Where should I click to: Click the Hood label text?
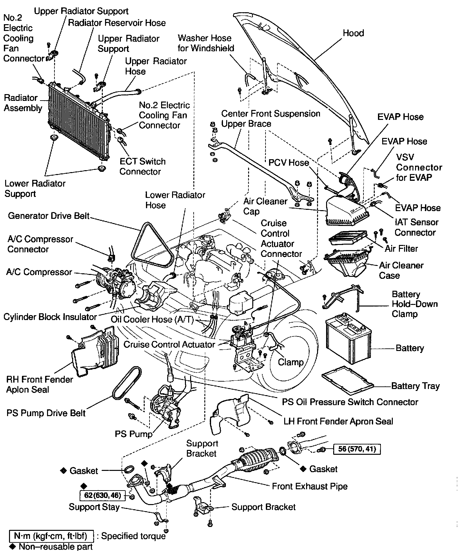click(353, 33)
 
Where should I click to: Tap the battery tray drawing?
click(348, 380)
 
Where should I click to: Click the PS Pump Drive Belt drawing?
click(126, 384)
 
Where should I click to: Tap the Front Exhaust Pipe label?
click(310, 486)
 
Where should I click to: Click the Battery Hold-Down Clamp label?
click(414, 304)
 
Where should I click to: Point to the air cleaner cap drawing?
click(346, 211)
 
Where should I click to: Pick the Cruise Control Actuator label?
click(169, 345)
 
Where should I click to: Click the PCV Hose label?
click(289, 162)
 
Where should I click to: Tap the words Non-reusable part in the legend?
click(55, 547)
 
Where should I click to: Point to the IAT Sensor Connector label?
click(416, 227)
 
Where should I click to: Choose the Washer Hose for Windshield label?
click(206, 43)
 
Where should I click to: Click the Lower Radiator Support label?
click(35, 189)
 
